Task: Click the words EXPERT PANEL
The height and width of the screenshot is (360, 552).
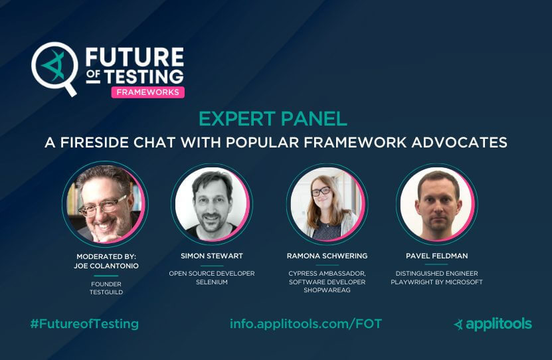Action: pyautogui.click(x=273, y=120)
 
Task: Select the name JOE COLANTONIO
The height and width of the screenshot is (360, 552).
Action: pyautogui.click(x=105, y=264)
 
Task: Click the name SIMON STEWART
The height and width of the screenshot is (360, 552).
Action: pyautogui.click(x=212, y=256)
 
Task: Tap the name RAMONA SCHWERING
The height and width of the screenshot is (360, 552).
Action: pyautogui.click(x=326, y=256)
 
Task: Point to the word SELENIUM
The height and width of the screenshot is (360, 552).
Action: pyautogui.click(x=212, y=282)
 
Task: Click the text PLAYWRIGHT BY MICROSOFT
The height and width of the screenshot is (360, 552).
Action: pyautogui.click(x=438, y=282)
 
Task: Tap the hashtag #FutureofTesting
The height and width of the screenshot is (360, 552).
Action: pyautogui.click(x=84, y=324)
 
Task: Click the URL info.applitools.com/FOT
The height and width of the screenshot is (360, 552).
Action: pyautogui.click(x=306, y=324)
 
